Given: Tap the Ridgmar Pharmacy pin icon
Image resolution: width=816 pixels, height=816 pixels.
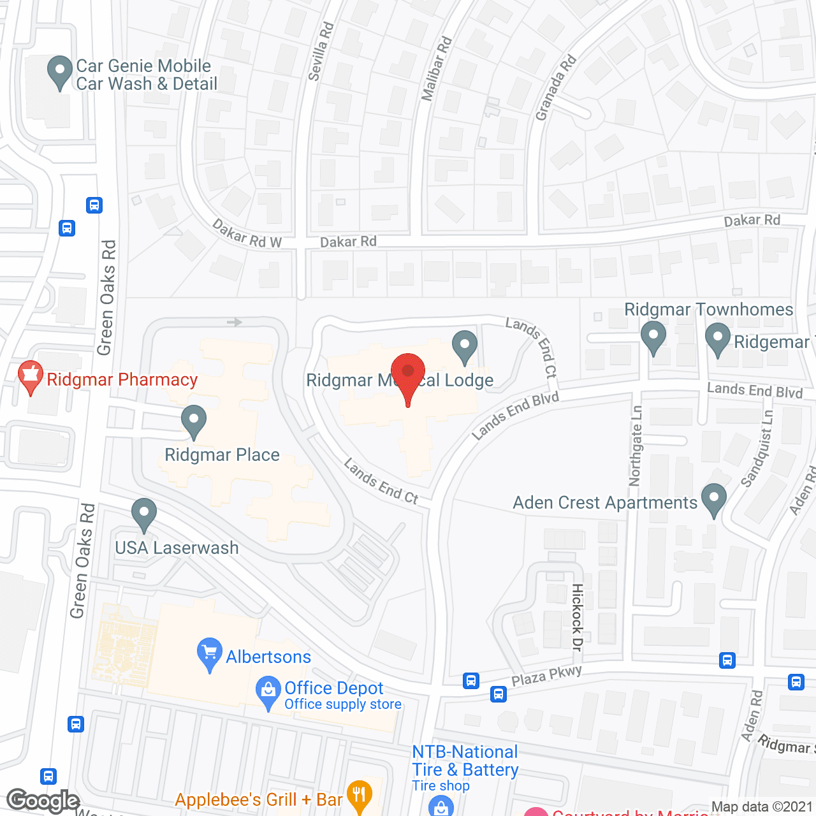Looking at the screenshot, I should (30, 376).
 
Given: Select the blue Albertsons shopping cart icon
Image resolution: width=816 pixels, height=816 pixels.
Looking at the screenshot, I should (209, 653).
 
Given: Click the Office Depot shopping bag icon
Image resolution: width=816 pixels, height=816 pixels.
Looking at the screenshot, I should (268, 692).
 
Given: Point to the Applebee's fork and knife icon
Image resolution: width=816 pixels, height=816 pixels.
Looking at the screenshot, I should (360, 795).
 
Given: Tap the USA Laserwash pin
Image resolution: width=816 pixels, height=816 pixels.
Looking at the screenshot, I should (144, 513).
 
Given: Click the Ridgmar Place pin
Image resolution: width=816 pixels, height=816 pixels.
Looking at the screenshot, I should (193, 421).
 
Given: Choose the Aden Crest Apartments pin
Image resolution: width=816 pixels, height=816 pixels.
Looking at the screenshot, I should (713, 499).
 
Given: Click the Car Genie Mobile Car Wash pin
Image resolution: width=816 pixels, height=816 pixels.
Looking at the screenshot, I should (60, 71).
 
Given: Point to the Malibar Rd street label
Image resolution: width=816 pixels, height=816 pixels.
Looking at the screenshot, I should (437, 68).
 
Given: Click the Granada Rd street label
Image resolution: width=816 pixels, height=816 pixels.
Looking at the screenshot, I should (556, 87).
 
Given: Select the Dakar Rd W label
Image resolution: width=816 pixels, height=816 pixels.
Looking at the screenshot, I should (247, 234).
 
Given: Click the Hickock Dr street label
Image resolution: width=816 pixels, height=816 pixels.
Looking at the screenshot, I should (577, 616).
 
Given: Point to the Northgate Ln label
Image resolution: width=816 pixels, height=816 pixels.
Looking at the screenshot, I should (636, 446).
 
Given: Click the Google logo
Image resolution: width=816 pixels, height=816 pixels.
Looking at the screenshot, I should (43, 801).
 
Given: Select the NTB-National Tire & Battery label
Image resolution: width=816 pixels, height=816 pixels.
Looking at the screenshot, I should (465, 761).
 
